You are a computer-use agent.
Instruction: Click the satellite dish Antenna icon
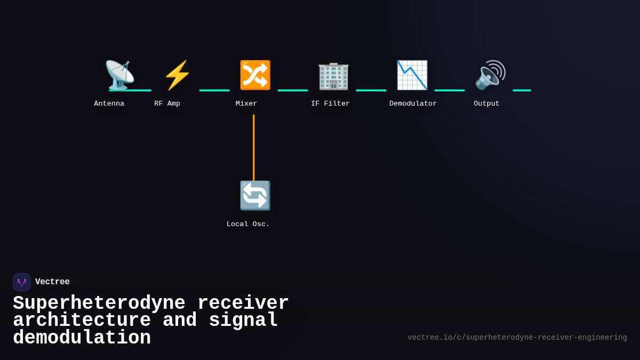point(119,75)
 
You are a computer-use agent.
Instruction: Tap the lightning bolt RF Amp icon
point(177,75)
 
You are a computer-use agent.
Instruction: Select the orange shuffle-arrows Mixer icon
point(255,75)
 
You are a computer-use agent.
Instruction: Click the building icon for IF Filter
point(333,75)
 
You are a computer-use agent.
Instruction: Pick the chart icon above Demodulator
point(412,75)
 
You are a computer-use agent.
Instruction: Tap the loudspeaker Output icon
point(490,75)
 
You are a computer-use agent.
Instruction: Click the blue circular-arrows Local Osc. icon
point(255,196)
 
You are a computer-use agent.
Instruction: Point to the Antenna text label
point(109,103)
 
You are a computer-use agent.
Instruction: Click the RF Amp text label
point(167,103)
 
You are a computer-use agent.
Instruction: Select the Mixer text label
point(246,103)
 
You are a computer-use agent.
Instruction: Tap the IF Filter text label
point(330,103)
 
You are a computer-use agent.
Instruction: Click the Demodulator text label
point(413,103)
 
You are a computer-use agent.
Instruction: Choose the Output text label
point(486,103)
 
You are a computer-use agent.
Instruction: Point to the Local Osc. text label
point(248,224)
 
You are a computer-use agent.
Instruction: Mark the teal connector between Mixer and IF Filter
point(293,90)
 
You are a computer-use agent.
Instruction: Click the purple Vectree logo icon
point(22,282)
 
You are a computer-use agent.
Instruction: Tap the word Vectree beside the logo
point(52,282)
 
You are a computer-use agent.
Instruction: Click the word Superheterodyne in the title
point(99,303)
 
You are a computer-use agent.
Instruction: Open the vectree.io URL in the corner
point(517,338)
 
